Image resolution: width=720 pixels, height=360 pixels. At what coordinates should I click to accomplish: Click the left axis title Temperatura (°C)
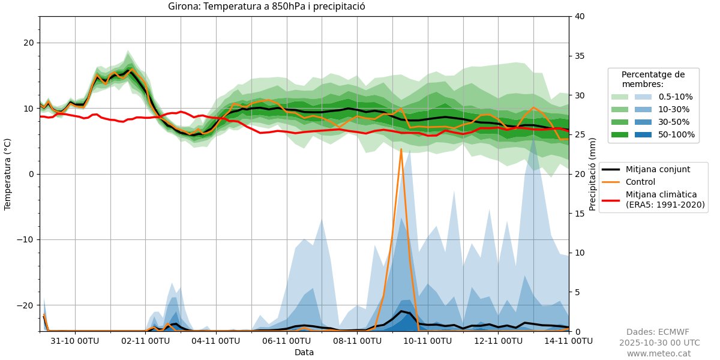(x=8, y=174)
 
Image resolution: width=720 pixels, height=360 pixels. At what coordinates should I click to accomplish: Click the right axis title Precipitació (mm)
(x=592, y=174)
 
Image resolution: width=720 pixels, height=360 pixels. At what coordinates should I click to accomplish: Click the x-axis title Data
(x=304, y=352)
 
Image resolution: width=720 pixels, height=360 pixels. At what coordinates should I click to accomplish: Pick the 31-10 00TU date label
(x=75, y=341)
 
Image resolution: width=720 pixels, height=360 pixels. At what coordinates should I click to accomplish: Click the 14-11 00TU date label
(x=568, y=341)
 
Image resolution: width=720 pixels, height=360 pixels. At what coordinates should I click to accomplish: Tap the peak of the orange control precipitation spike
(x=401, y=149)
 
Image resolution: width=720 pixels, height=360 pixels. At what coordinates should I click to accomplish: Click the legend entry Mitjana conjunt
(x=658, y=169)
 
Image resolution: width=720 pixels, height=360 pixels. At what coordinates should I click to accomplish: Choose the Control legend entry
(x=641, y=182)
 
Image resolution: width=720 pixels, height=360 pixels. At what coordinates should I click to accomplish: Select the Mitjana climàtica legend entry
(x=665, y=199)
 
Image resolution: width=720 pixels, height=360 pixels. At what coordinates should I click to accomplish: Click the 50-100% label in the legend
(x=676, y=134)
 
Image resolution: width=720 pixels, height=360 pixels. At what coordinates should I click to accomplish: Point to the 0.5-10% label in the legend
(x=676, y=96)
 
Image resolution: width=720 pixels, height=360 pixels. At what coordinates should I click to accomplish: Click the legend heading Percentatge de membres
(x=653, y=79)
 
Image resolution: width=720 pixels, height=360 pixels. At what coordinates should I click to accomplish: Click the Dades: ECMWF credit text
(x=658, y=332)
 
